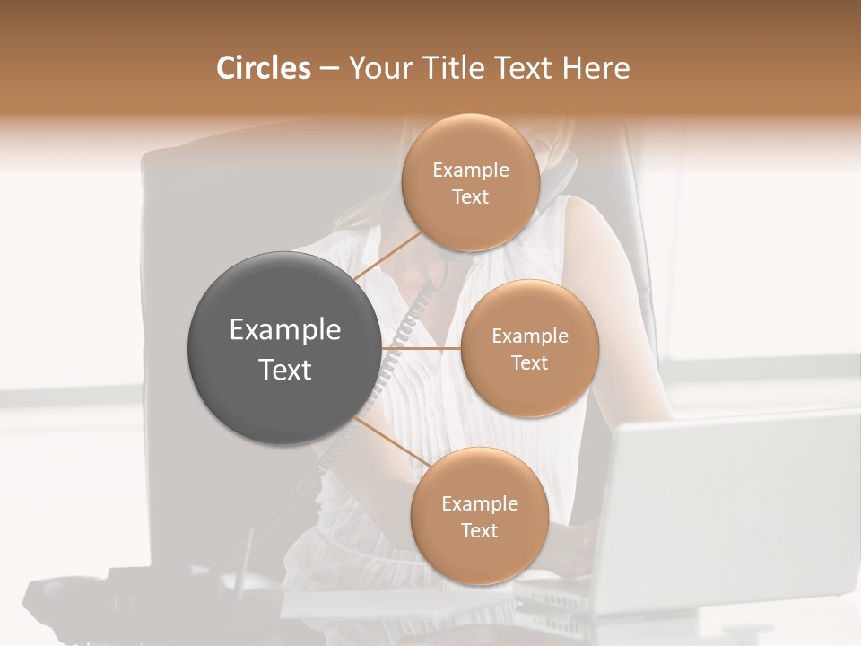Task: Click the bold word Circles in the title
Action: pyautogui.click(x=263, y=68)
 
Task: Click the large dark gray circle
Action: pyautogui.click(x=284, y=348)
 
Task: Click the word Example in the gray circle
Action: pyautogui.click(x=284, y=330)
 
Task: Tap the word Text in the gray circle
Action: pyautogui.click(x=284, y=370)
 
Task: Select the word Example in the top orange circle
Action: pyautogui.click(x=470, y=170)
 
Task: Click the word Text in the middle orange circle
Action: pyautogui.click(x=529, y=363)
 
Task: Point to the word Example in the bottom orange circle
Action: pyautogui.click(x=479, y=504)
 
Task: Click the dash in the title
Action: pyautogui.click(x=328, y=69)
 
